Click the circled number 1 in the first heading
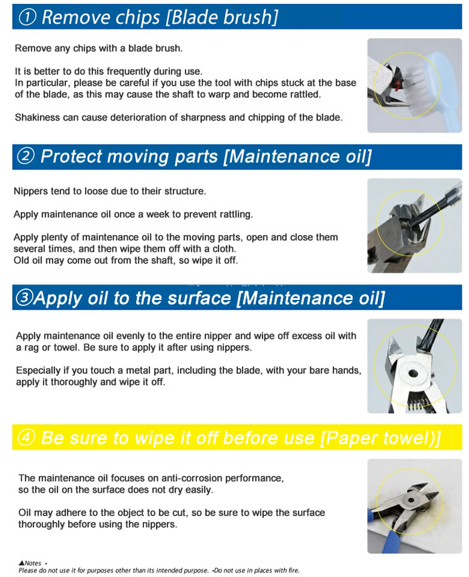click(x=27, y=17)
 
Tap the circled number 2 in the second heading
click(x=25, y=156)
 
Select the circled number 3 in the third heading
click(x=24, y=298)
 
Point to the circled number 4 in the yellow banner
click(x=27, y=438)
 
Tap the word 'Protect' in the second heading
click(x=72, y=157)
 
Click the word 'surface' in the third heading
click(x=199, y=298)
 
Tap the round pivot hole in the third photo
click(x=413, y=374)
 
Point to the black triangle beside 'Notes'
click(x=21, y=563)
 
